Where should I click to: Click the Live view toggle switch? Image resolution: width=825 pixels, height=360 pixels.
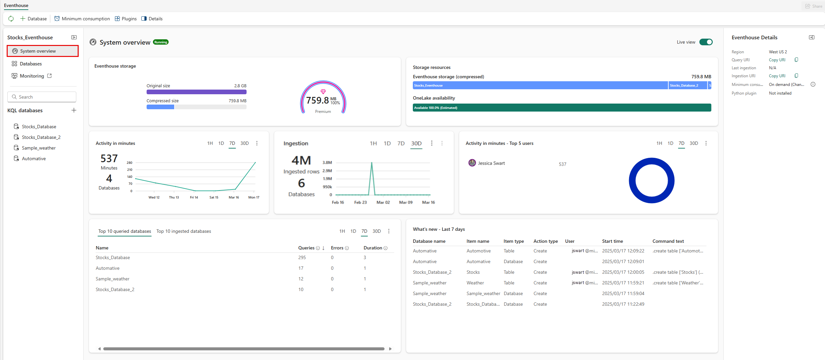tap(706, 42)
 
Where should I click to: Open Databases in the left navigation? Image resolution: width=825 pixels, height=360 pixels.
tap(31, 64)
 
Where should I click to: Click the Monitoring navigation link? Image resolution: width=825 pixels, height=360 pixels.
tap(32, 76)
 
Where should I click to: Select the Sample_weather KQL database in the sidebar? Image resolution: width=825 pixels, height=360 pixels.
tap(39, 148)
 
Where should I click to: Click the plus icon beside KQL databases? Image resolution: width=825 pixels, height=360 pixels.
tap(74, 110)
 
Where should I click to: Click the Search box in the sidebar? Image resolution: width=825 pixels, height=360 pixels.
tap(42, 97)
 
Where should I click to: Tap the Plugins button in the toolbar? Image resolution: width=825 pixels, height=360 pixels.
tap(126, 19)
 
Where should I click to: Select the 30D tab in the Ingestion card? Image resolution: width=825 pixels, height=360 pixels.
tap(416, 143)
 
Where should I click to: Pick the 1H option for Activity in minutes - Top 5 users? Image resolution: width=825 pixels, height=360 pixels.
tap(659, 143)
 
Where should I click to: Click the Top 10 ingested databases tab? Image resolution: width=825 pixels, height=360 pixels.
tap(184, 231)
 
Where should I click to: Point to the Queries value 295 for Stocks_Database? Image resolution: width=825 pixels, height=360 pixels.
tap(302, 257)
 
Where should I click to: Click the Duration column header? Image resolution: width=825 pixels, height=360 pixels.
tap(373, 248)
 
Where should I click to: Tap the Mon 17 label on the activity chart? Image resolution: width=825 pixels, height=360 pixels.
tap(254, 197)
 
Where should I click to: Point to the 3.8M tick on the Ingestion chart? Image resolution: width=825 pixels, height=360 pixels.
tap(327, 163)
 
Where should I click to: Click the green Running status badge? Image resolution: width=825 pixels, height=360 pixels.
tap(161, 42)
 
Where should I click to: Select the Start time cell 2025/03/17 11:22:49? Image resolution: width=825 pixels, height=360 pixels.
tap(623, 304)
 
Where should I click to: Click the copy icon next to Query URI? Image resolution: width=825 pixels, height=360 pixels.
tap(796, 60)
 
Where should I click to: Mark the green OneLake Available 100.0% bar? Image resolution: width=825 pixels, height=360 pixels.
tap(562, 108)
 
